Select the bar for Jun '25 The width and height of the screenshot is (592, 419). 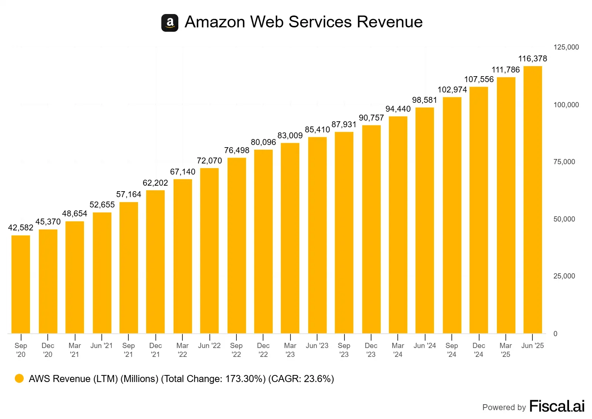click(532, 200)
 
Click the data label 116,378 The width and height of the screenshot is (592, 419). click(532, 58)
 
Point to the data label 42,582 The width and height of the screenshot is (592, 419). click(21, 227)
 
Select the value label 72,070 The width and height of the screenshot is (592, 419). click(209, 160)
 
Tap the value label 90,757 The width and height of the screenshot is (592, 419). click(371, 118)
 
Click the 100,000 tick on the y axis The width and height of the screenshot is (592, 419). click(566, 105)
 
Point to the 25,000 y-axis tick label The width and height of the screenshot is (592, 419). click(564, 276)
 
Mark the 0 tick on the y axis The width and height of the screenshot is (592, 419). click(555, 334)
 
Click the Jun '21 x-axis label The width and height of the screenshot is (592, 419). click(101, 345)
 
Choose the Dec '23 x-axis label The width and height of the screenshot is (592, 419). click(371, 350)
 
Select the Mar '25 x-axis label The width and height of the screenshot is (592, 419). click(506, 350)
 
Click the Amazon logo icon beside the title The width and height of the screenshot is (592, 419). click(170, 23)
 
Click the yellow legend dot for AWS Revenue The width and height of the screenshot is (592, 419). click(19, 378)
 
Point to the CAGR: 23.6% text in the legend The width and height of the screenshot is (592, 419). click(301, 379)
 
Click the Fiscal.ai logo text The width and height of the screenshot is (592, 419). click(557, 406)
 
